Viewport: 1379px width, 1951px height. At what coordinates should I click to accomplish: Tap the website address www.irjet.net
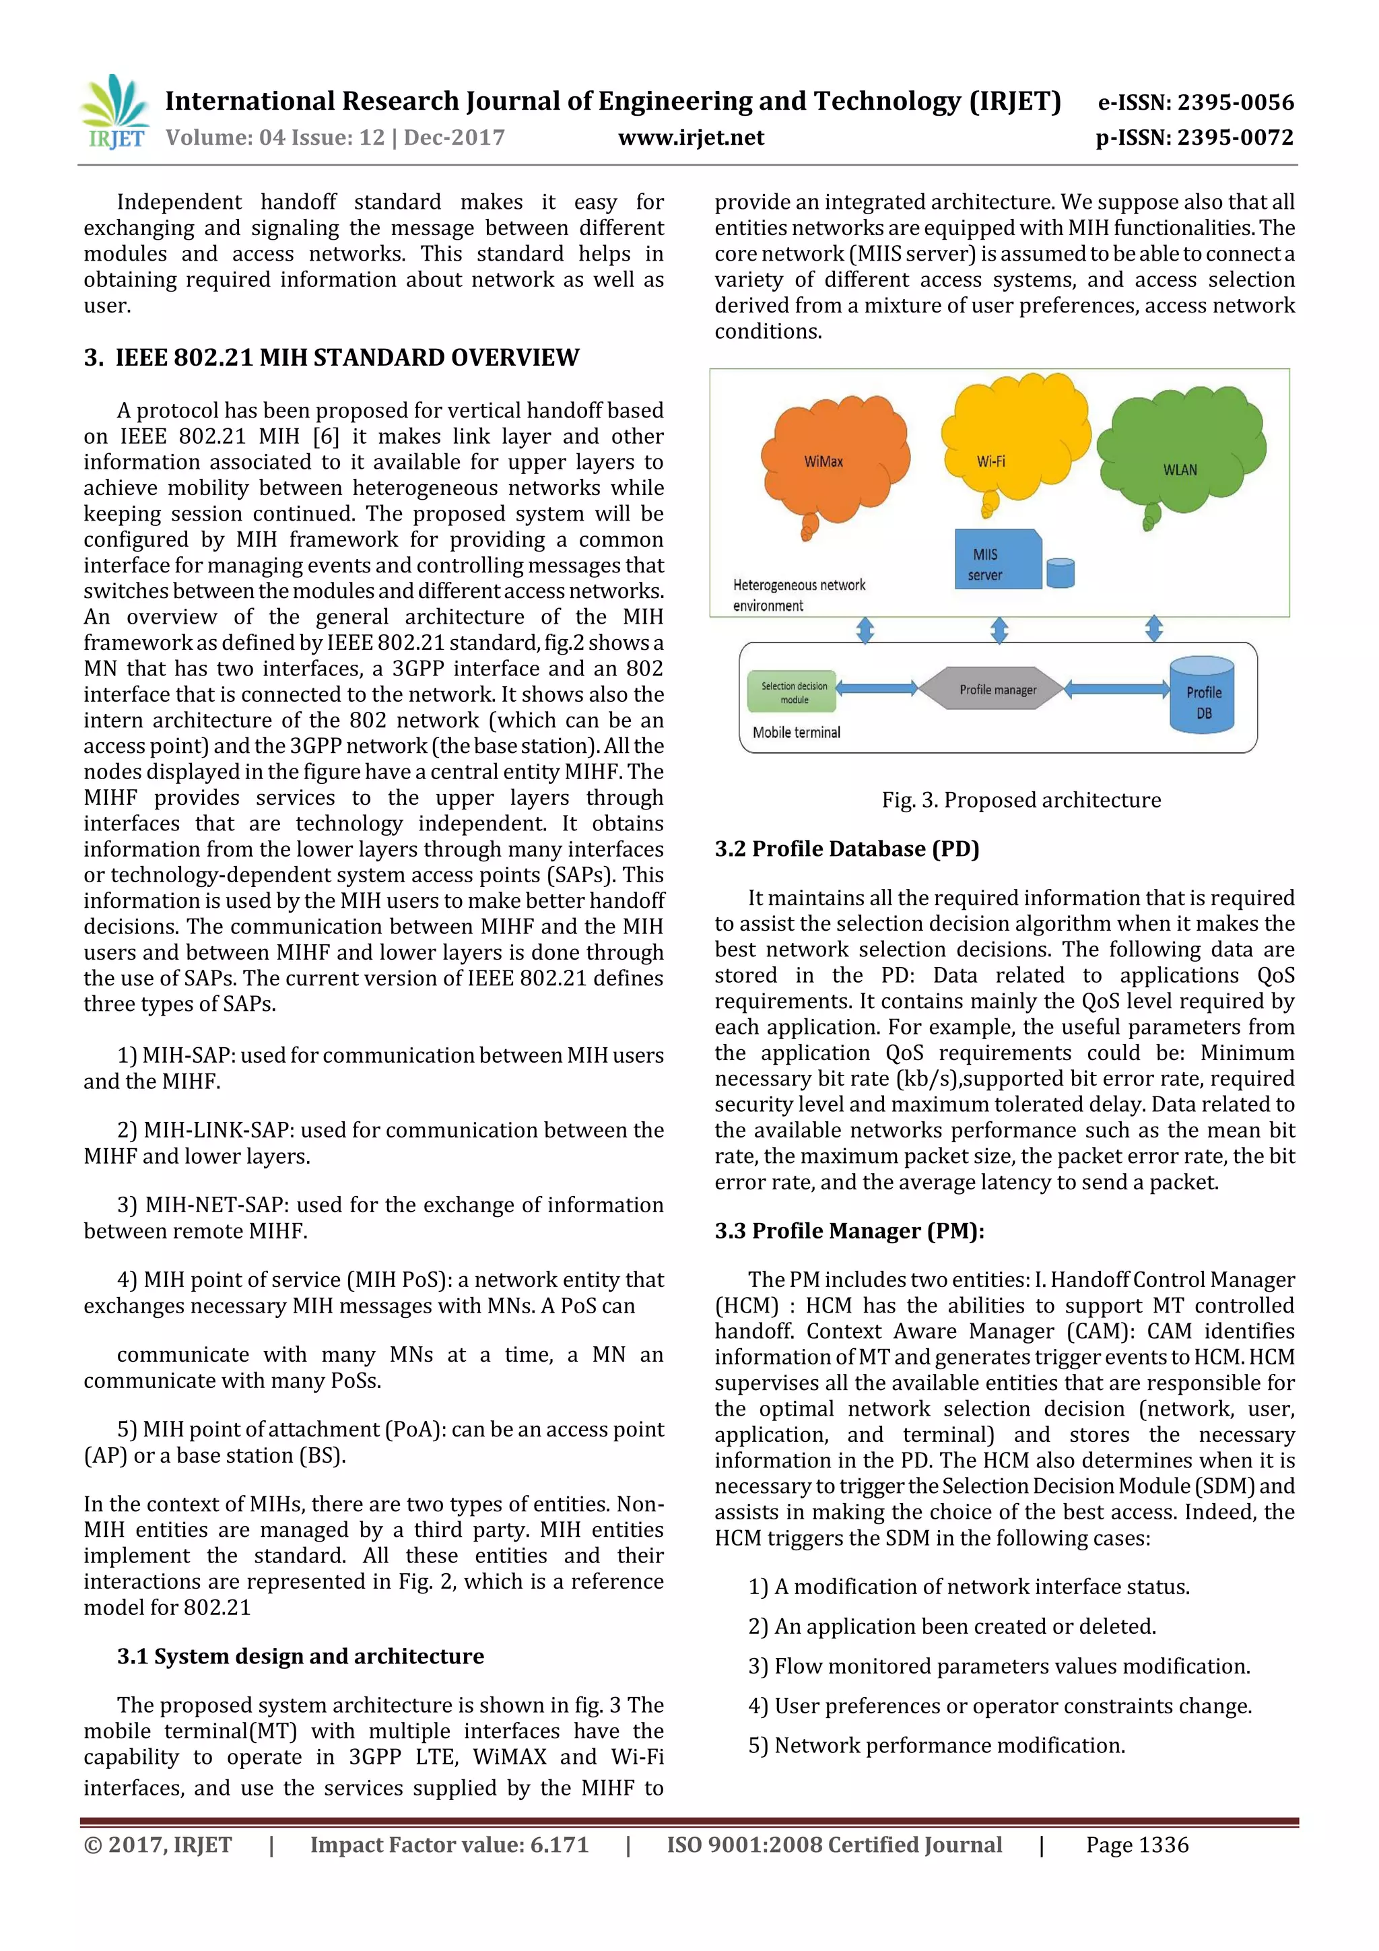click(690, 137)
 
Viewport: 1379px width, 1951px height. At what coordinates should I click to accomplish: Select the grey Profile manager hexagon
click(997, 689)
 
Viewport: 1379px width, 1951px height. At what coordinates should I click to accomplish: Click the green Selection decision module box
click(793, 692)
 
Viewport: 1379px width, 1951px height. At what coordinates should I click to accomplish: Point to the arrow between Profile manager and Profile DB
click(1116, 689)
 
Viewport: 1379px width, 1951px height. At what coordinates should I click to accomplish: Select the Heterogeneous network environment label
click(798, 595)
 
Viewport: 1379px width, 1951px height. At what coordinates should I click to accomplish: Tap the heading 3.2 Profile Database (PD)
click(846, 849)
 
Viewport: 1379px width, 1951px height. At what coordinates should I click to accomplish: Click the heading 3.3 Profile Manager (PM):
click(849, 1230)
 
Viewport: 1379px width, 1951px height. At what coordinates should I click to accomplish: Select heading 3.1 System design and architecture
click(300, 1656)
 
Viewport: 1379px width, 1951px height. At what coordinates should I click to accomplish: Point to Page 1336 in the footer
click(1137, 1845)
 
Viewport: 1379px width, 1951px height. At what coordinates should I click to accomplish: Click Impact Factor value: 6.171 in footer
click(448, 1845)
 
